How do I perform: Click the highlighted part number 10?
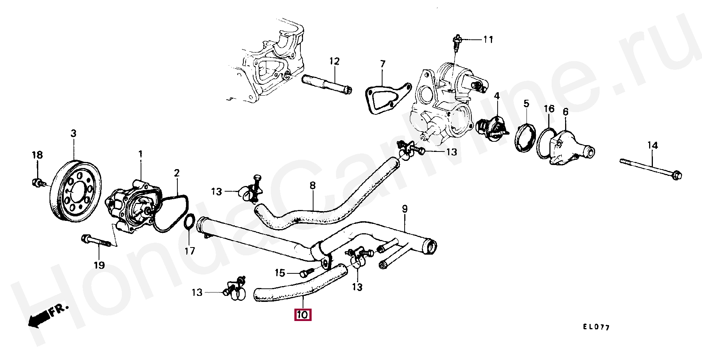click(302, 315)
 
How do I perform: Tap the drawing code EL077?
click(596, 327)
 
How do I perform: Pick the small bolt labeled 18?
click(38, 183)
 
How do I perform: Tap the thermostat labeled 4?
click(492, 128)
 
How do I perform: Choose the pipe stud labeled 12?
click(326, 84)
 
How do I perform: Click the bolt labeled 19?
click(96, 241)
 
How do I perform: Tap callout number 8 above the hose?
click(312, 185)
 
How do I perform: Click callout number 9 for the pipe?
click(405, 209)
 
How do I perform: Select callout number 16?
click(549, 109)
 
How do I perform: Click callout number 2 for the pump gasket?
click(177, 173)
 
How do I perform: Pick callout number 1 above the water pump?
click(141, 154)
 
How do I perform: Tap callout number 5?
click(526, 103)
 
